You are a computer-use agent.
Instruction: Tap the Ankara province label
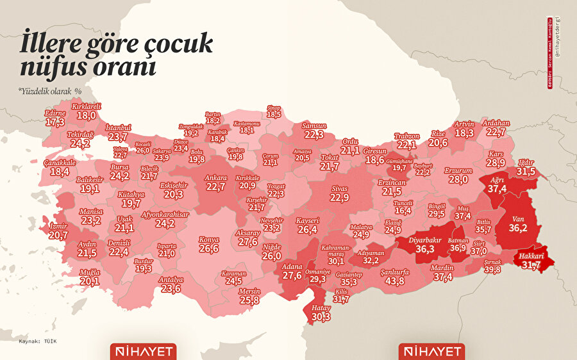click(215, 177)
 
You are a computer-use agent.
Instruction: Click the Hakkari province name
click(531, 256)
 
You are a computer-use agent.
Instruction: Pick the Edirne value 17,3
click(55, 121)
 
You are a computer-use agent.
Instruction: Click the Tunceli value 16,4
click(403, 210)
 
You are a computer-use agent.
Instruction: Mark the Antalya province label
click(171, 280)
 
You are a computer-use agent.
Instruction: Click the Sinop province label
click(274, 108)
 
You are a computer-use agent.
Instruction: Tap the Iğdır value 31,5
click(526, 172)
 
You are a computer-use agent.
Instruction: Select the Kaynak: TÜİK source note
click(38, 341)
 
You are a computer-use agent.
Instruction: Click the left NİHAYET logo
click(143, 352)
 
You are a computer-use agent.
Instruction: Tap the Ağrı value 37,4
click(497, 188)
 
